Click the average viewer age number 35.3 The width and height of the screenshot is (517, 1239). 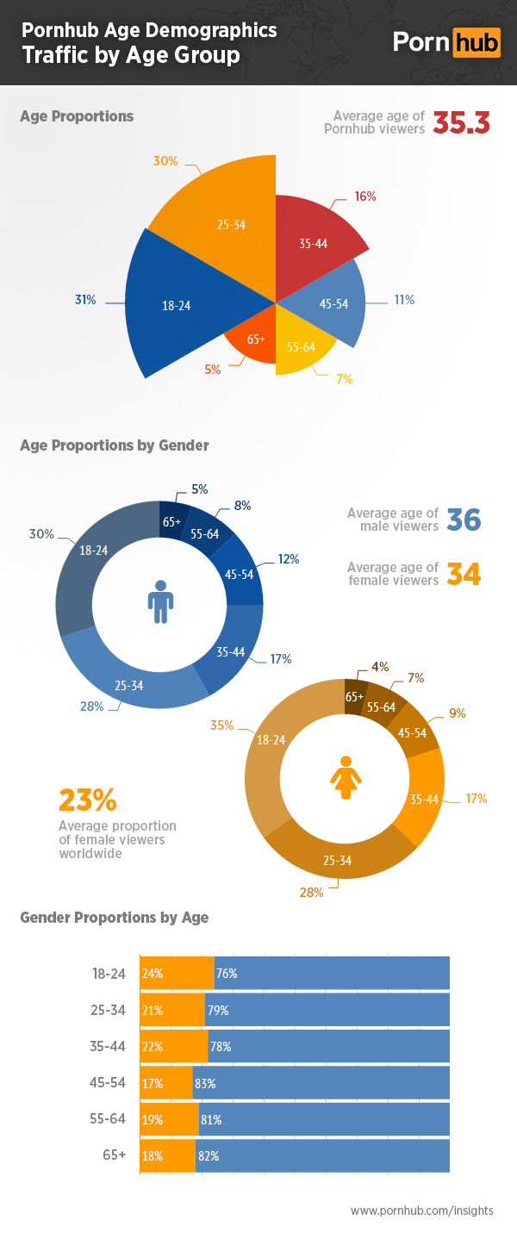(461, 123)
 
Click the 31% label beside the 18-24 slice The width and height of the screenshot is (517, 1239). (84, 300)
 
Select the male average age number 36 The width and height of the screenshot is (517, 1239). (463, 520)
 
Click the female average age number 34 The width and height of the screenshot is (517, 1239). (463, 574)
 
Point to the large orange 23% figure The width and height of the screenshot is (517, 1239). (87, 800)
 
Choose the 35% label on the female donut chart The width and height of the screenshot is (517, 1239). (221, 725)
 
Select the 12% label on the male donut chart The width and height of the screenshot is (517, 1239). (288, 559)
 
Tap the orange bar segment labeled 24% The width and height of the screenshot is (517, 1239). (177, 974)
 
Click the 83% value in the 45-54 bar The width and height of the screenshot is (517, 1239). (205, 1084)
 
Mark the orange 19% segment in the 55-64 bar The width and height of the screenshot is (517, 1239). (169, 1120)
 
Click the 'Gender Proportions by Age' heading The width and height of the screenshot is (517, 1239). (114, 918)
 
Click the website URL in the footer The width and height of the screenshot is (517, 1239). (421, 1211)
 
